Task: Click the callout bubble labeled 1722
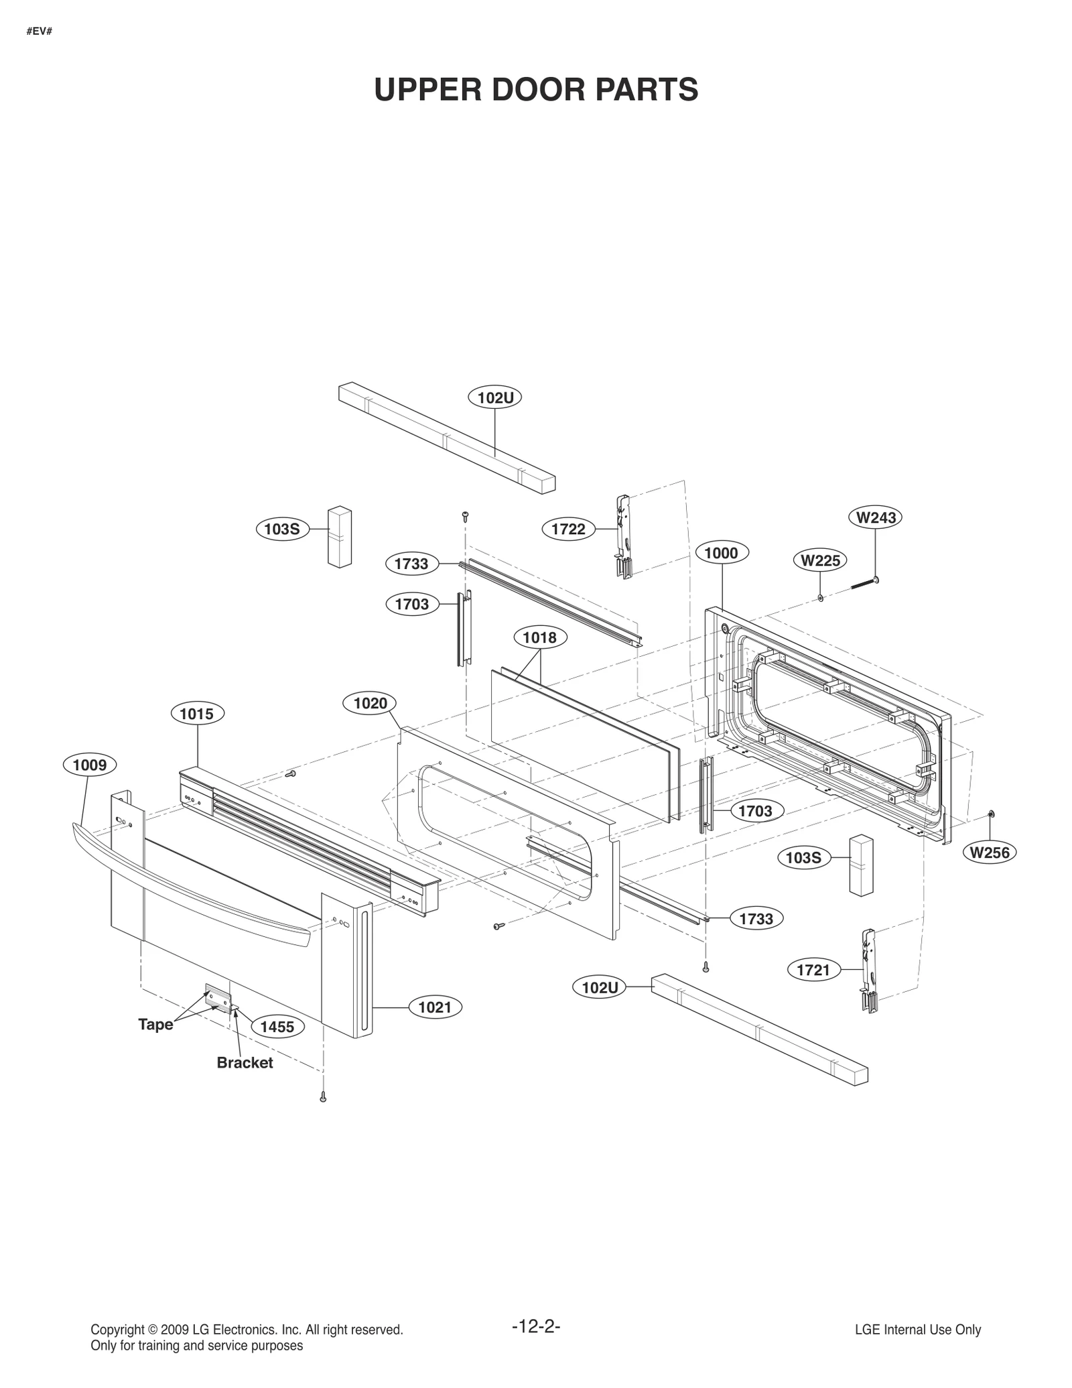[x=568, y=529]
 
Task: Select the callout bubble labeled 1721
[x=813, y=970]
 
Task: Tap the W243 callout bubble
[x=876, y=517]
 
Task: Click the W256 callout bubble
[x=990, y=853]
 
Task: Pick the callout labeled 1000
[x=722, y=553]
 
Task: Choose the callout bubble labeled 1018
[x=540, y=637]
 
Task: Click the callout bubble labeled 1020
[x=370, y=703]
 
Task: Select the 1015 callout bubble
[x=197, y=714]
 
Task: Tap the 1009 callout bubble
[x=90, y=765]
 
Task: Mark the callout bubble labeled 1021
[x=435, y=1007]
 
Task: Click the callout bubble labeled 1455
[x=277, y=1027]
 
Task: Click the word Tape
[x=155, y=1025]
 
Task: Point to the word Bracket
[x=245, y=1063]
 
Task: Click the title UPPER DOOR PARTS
[x=536, y=90]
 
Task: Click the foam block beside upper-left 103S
[x=340, y=537]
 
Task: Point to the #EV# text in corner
[x=40, y=31]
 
